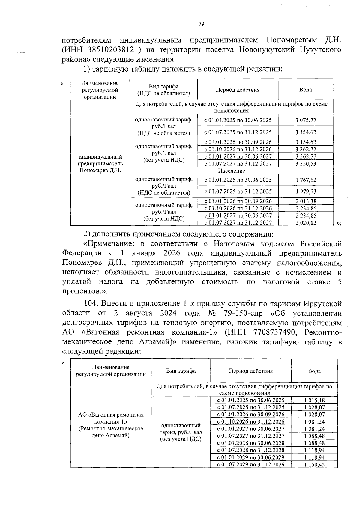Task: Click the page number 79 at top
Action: pos(201,24)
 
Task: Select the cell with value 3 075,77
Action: pos(305,120)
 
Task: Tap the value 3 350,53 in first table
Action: pos(305,164)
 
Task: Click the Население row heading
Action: pos(231,171)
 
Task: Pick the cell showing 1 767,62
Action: pos(305,180)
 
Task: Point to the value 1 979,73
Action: pos(305,192)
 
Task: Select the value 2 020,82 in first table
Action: pos(305,223)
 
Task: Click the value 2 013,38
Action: pos(305,201)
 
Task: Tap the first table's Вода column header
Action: pos(305,90)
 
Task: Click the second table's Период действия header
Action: pos(251,371)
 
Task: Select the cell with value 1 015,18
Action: pos(314,400)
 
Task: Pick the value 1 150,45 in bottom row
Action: pos(314,465)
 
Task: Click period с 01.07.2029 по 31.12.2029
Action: pos(251,465)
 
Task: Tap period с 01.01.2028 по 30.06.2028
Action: pos(251,443)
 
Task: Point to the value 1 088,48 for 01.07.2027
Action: pos(314,436)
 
